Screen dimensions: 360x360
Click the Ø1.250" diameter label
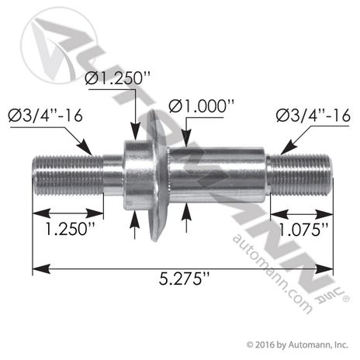point(117,78)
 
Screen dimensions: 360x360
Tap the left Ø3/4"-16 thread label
point(46,116)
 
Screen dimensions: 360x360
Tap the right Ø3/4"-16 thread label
point(313,116)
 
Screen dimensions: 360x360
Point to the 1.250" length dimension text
point(70,229)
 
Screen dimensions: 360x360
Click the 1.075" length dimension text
point(303,230)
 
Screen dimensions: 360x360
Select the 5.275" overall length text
point(184,279)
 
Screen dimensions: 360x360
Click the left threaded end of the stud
point(67,175)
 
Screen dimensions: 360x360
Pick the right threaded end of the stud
point(300,175)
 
